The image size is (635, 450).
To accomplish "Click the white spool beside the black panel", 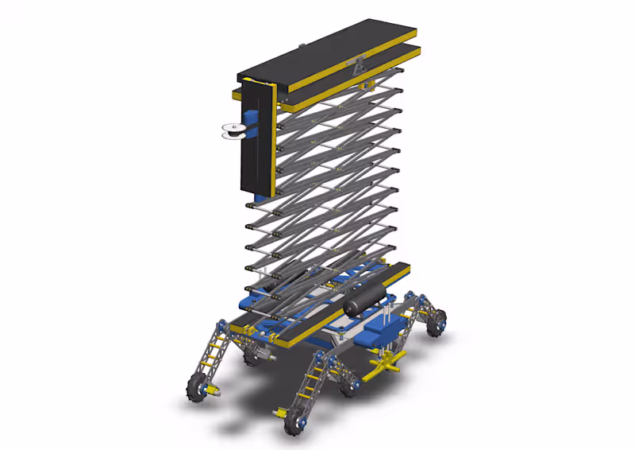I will pyautogui.click(x=231, y=131).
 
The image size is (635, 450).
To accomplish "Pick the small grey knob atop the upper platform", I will pyautogui.click(x=300, y=45).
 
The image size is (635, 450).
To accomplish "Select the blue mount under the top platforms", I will pyautogui.click(x=367, y=83).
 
